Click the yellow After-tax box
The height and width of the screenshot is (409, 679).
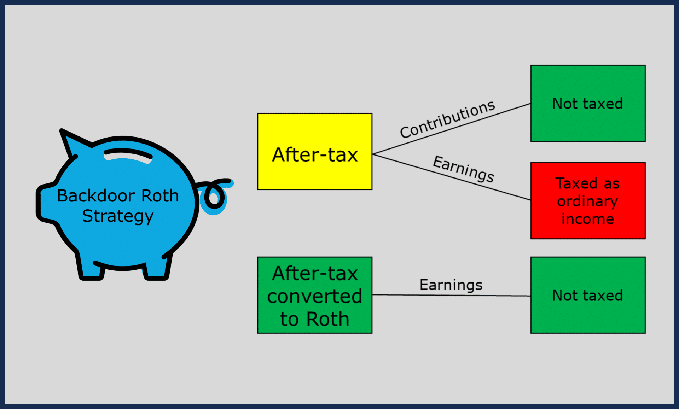coord(314,152)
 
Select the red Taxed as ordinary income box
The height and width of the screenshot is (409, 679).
coord(588,201)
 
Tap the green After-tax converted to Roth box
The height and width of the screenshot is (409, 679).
coord(314,295)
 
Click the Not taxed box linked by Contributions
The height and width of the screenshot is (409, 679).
coord(588,103)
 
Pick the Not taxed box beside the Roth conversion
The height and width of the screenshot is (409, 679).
coord(588,295)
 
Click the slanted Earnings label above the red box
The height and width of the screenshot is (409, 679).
coord(463,169)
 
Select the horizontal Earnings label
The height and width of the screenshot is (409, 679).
coord(451,285)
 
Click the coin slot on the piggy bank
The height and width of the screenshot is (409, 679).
coord(128,155)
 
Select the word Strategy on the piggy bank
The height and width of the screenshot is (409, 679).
coord(118,216)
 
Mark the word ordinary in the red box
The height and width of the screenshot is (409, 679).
coord(587,201)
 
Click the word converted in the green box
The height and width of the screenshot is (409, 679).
coord(314,296)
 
